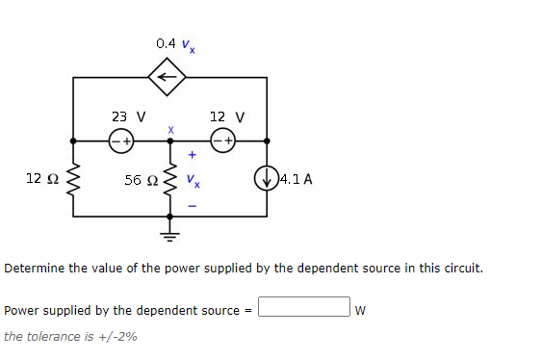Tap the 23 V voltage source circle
click(120, 140)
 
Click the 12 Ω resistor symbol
click(73, 178)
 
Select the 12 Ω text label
click(40, 178)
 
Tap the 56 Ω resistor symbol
click(171, 178)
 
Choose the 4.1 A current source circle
click(266, 178)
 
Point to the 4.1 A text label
click(296, 178)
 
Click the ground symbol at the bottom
click(171, 231)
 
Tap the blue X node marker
click(171, 128)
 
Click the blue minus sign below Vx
click(192, 203)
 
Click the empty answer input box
click(303, 308)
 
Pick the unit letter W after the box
click(360, 310)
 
